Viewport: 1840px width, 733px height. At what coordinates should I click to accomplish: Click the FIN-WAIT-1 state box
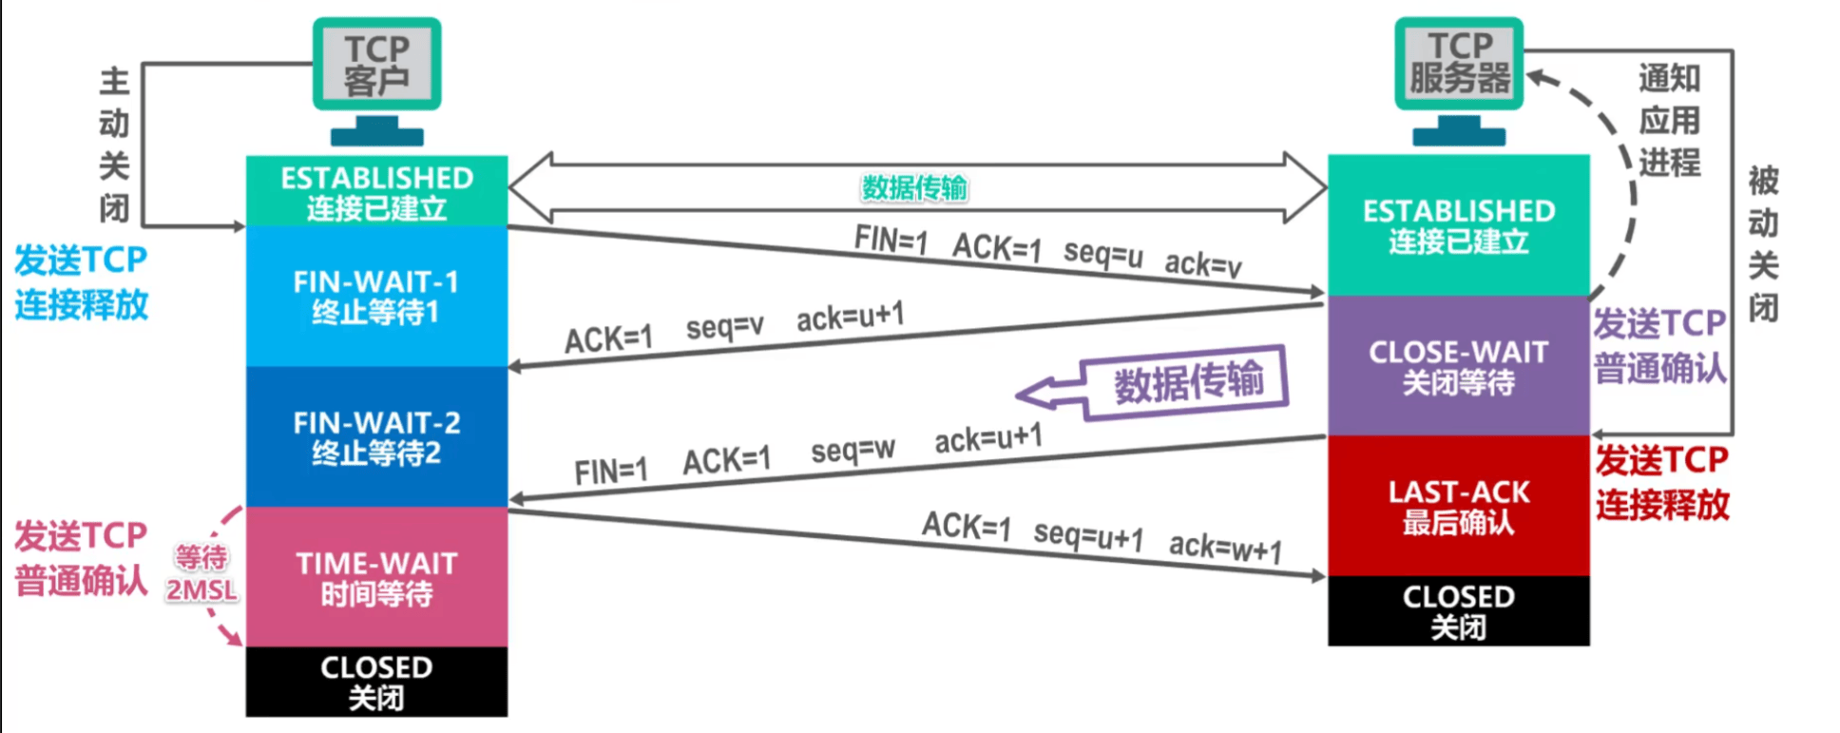(376, 296)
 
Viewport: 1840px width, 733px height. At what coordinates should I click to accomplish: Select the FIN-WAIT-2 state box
(376, 436)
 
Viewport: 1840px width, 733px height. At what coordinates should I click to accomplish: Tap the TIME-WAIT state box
(376, 577)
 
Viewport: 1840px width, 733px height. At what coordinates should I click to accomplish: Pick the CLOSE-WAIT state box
(1458, 366)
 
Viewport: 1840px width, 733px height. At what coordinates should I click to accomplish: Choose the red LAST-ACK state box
(1458, 506)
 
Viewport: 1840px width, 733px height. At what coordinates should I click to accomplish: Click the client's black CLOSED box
(376, 682)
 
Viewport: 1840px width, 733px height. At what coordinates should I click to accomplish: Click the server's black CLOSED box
(1458, 610)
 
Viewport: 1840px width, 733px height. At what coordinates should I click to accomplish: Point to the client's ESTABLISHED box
(376, 191)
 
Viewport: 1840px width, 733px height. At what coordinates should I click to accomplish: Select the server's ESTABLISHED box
(1458, 225)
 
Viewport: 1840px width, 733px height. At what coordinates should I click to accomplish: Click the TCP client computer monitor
(377, 65)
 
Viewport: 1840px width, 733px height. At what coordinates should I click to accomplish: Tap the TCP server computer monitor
(1459, 63)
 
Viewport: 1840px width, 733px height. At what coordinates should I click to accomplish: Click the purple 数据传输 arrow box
(1188, 382)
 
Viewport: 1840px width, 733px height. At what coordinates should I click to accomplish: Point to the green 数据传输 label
(914, 187)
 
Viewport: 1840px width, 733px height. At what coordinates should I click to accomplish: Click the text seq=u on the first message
(1102, 253)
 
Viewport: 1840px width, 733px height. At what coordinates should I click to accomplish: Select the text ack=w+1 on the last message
(1225, 548)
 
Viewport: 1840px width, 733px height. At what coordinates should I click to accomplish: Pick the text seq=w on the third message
(853, 450)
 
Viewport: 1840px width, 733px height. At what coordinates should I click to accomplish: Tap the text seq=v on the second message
(724, 327)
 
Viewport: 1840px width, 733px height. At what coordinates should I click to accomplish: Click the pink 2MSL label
(201, 590)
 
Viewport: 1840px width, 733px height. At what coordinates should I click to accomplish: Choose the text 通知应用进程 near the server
(1669, 120)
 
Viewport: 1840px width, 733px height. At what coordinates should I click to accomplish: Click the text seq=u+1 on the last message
(1088, 535)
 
